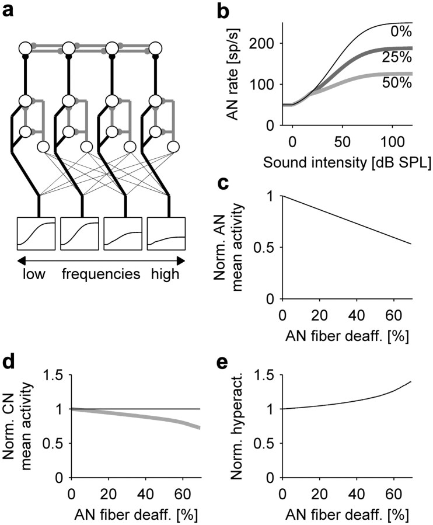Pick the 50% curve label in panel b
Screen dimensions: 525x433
[x=397, y=82]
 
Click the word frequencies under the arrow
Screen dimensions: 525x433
[x=99, y=274]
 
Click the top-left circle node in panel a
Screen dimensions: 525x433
[x=25, y=48]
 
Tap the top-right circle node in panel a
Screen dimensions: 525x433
[x=156, y=48]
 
